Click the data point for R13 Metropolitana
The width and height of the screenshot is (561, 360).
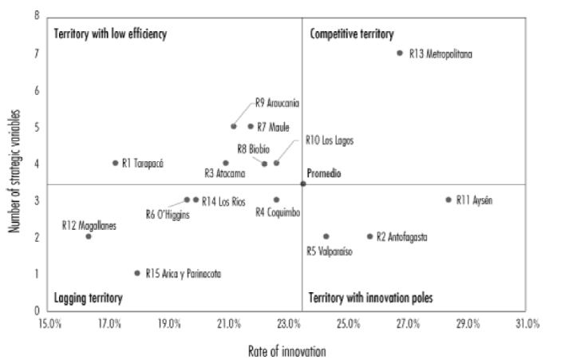[400, 53]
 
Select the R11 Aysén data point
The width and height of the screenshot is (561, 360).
[448, 200]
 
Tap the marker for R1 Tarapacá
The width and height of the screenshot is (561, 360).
[115, 163]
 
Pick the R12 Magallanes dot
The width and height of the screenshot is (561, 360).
[89, 236]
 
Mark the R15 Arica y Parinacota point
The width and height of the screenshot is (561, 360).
[137, 273]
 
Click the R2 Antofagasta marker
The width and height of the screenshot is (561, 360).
[369, 236]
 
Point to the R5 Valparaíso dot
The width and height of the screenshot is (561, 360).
[326, 236]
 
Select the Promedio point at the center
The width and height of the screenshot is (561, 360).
[303, 184]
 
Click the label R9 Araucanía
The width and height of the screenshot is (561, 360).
[277, 102]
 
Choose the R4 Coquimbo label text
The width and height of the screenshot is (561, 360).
[278, 212]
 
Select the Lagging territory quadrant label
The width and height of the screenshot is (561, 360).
[88, 299]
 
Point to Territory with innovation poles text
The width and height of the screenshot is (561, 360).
[370, 299]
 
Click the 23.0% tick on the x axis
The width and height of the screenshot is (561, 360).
[289, 324]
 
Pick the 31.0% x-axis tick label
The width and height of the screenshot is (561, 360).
[527, 324]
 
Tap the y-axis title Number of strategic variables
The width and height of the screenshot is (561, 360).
[15, 164]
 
